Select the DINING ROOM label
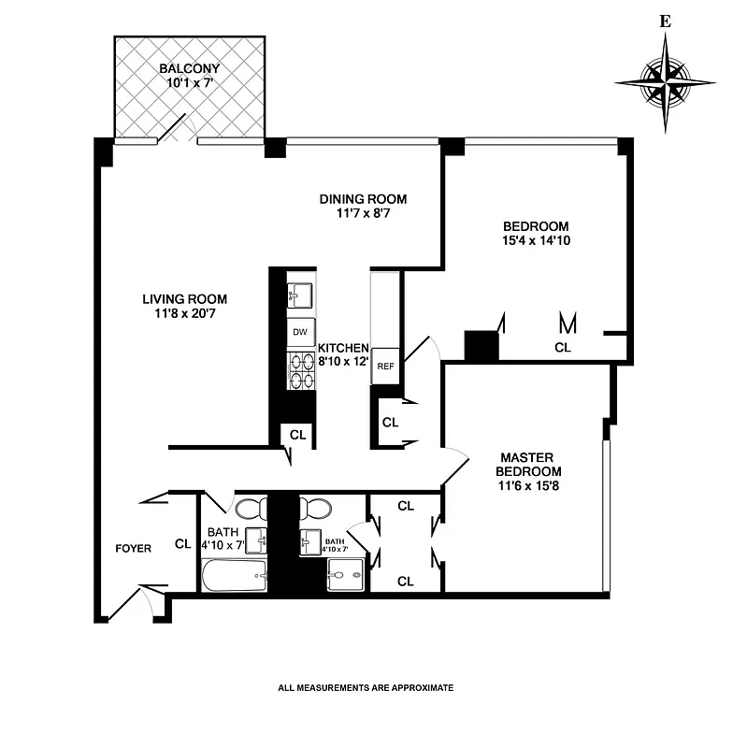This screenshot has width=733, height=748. point(363,199)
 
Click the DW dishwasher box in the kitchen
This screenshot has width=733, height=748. point(300,332)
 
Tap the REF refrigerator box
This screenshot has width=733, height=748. point(385,367)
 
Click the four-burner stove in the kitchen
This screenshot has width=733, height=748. point(300,369)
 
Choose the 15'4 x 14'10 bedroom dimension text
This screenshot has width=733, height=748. point(536,241)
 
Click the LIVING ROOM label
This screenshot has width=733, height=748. point(184,299)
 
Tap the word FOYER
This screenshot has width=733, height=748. point(133,548)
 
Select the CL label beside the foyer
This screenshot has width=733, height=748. point(182,543)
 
